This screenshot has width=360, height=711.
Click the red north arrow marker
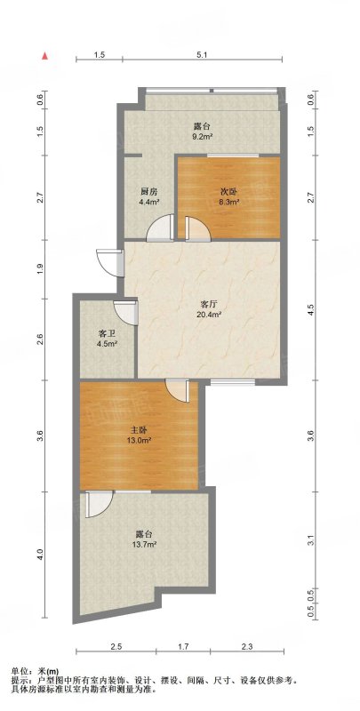[44, 56]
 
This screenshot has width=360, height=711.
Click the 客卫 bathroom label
[105, 333]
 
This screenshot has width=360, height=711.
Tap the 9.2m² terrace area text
[201, 136]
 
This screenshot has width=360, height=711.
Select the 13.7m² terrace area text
[146, 544]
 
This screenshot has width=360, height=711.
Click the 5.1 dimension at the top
[202, 55]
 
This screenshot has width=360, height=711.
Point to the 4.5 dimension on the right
[310, 308]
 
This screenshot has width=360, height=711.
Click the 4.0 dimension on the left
[41, 554]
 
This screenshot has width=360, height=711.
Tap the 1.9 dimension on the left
[41, 268]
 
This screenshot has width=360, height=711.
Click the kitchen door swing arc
[160, 227]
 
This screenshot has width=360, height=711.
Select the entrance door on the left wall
[109, 262]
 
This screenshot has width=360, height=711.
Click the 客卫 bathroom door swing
[125, 313]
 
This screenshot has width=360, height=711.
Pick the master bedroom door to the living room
[177, 390]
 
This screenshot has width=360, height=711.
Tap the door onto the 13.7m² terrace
[99, 504]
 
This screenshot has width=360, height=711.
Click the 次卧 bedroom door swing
[197, 228]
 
